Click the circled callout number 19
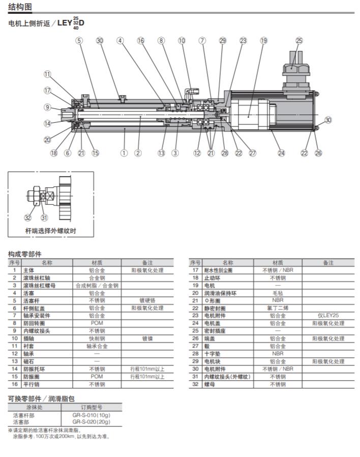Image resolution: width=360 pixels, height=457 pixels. click(x=263, y=40)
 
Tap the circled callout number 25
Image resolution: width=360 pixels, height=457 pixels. click(x=299, y=40)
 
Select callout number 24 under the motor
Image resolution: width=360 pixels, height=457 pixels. click(x=281, y=153)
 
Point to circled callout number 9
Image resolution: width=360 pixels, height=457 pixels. click(x=47, y=107)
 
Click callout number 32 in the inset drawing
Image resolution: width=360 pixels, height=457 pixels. click(x=27, y=218)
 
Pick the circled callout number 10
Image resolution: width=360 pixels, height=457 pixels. click(x=182, y=40)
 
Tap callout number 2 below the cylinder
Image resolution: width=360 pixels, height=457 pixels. click(x=138, y=153)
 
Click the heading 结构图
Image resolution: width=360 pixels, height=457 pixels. click(x=20, y=7)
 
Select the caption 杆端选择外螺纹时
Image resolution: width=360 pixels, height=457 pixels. click(x=51, y=231)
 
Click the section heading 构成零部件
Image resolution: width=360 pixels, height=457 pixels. click(x=25, y=253)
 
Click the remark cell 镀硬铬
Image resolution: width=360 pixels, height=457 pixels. click(x=147, y=300)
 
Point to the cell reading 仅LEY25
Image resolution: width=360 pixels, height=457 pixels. click(x=328, y=316)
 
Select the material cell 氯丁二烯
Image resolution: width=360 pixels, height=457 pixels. click(x=278, y=308)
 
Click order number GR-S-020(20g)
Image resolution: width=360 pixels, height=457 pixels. click(x=91, y=422)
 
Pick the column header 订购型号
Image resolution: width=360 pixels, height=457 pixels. click(x=92, y=407)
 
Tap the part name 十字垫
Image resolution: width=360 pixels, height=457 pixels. click(x=212, y=353)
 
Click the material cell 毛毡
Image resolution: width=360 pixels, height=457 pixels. click(x=278, y=293)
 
